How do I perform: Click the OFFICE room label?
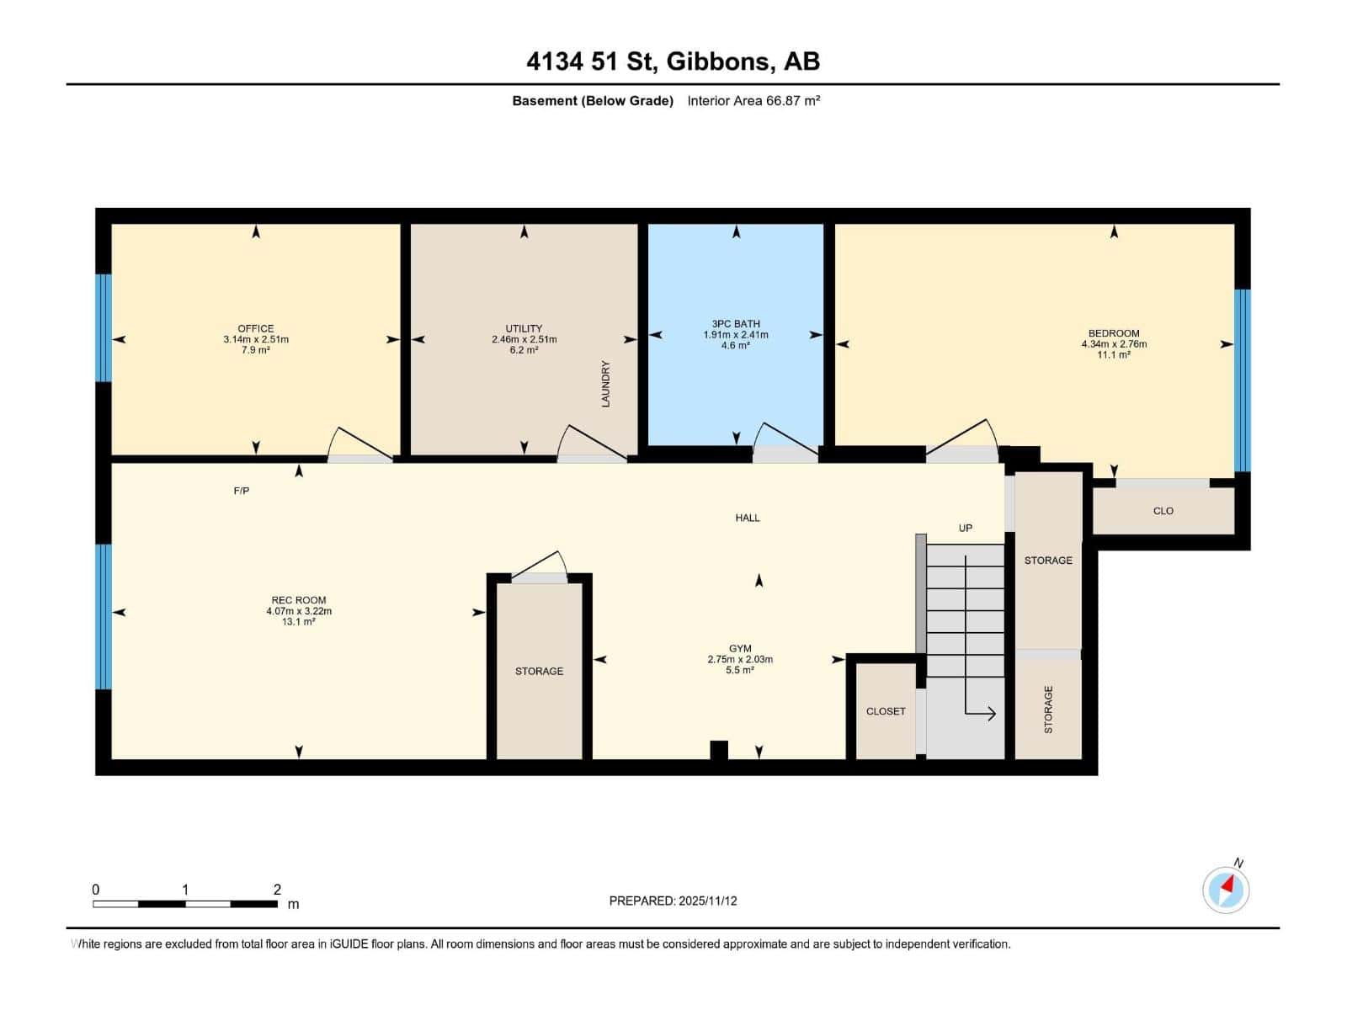coord(255,328)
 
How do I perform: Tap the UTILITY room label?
coord(524,328)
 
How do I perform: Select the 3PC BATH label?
coord(736,323)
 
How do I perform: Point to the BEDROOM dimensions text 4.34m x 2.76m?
coord(1114,344)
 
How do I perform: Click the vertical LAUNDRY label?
coord(605,384)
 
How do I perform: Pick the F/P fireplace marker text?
coord(242,491)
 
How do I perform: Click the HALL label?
coord(748,518)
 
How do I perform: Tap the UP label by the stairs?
coord(966,529)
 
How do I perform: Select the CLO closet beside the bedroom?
coord(1163,511)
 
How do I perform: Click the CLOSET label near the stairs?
coord(886,711)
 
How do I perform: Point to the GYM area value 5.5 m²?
coord(740,671)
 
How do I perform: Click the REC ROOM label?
coord(299,600)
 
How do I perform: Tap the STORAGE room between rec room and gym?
coord(540,671)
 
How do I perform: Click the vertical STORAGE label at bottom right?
coord(1048,710)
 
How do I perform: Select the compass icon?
coord(1226,890)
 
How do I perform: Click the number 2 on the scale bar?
coord(277,889)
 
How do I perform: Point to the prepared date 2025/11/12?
coord(706,901)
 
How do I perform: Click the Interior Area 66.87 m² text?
coord(753,100)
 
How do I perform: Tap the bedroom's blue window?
coord(1242,380)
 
